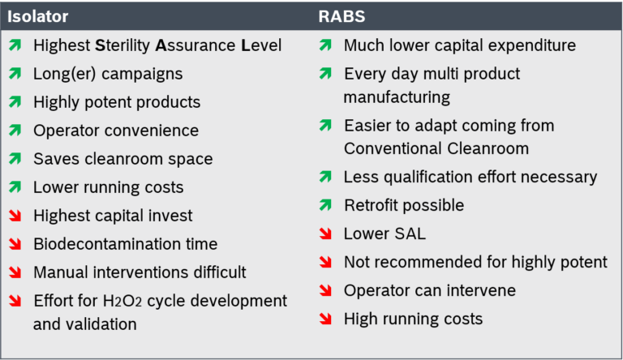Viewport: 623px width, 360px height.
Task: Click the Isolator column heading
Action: [39, 15]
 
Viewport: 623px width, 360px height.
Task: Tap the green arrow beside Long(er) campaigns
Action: [15, 75]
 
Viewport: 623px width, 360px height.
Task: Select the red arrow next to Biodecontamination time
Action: [15, 244]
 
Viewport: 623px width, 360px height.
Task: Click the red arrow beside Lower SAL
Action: [325, 234]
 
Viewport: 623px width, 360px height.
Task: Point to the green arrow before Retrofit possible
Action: [325, 206]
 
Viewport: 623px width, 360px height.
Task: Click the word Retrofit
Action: [372, 206]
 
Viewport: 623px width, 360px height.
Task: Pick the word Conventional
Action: [393, 149]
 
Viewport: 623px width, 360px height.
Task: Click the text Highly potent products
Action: [117, 102]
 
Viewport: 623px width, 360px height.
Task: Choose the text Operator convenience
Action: [116, 131]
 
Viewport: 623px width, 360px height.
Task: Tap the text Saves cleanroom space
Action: [123, 159]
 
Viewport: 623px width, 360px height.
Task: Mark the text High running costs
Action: [413, 319]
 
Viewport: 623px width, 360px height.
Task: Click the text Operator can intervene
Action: [430, 290]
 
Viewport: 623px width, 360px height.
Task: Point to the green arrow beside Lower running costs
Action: [15, 187]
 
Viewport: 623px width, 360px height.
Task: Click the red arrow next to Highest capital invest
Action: [15, 216]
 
